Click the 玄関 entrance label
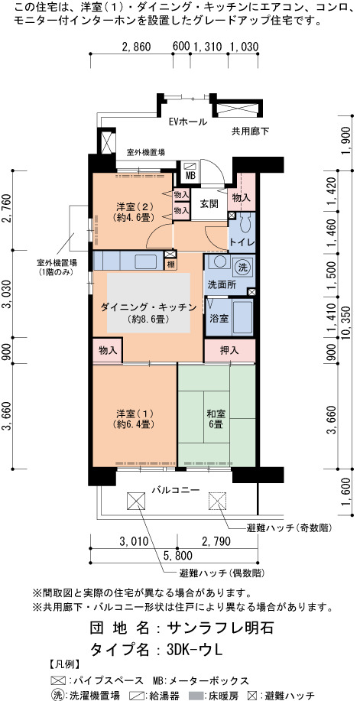(x=209, y=204)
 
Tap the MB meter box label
(x=190, y=176)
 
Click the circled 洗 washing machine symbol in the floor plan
(x=243, y=268)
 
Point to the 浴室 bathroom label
(x=219, y=319)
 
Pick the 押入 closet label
(x=230, y=351)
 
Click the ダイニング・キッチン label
(x=148, y=307)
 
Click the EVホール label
(x=188, y=122)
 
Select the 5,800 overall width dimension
(x=177, y=556)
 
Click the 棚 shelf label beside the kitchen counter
(x=170, y=264)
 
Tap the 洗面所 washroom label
(x=219, y=286)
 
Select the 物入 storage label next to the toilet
(x=242, y=196)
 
